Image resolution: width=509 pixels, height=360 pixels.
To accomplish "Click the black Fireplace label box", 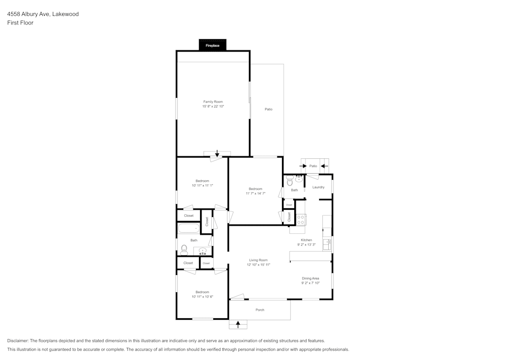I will point(212,46).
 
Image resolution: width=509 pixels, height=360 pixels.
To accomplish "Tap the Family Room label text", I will point(213,102).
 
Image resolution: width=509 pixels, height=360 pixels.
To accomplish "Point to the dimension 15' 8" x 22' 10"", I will point(213,106).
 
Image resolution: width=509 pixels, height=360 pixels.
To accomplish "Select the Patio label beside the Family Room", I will point(268,109).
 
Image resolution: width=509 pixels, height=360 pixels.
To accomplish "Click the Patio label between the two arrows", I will point(314,166).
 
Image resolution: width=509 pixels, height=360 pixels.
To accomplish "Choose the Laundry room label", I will point(318,187).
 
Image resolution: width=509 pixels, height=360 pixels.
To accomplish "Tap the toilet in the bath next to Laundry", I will point(290,181).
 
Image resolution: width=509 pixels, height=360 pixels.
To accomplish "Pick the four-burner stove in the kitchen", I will point(301,219).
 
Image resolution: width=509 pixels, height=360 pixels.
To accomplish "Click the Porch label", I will point(260,310).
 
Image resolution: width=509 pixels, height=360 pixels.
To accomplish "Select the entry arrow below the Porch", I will point(238,324).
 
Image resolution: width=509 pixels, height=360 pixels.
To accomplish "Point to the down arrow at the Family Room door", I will point(217,154).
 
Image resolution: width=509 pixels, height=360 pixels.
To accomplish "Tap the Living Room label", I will point(258,260).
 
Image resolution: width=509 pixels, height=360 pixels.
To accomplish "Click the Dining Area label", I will point(310,279).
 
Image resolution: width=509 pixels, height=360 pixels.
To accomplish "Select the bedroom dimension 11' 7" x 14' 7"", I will point(256,193).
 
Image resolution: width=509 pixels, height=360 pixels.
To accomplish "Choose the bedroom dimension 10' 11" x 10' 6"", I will point(202,297).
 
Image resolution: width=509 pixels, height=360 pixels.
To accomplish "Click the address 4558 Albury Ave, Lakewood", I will point(43,14).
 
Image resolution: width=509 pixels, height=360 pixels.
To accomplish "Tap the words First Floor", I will point(20,23).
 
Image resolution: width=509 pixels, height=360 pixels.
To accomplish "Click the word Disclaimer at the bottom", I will point(18,341).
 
